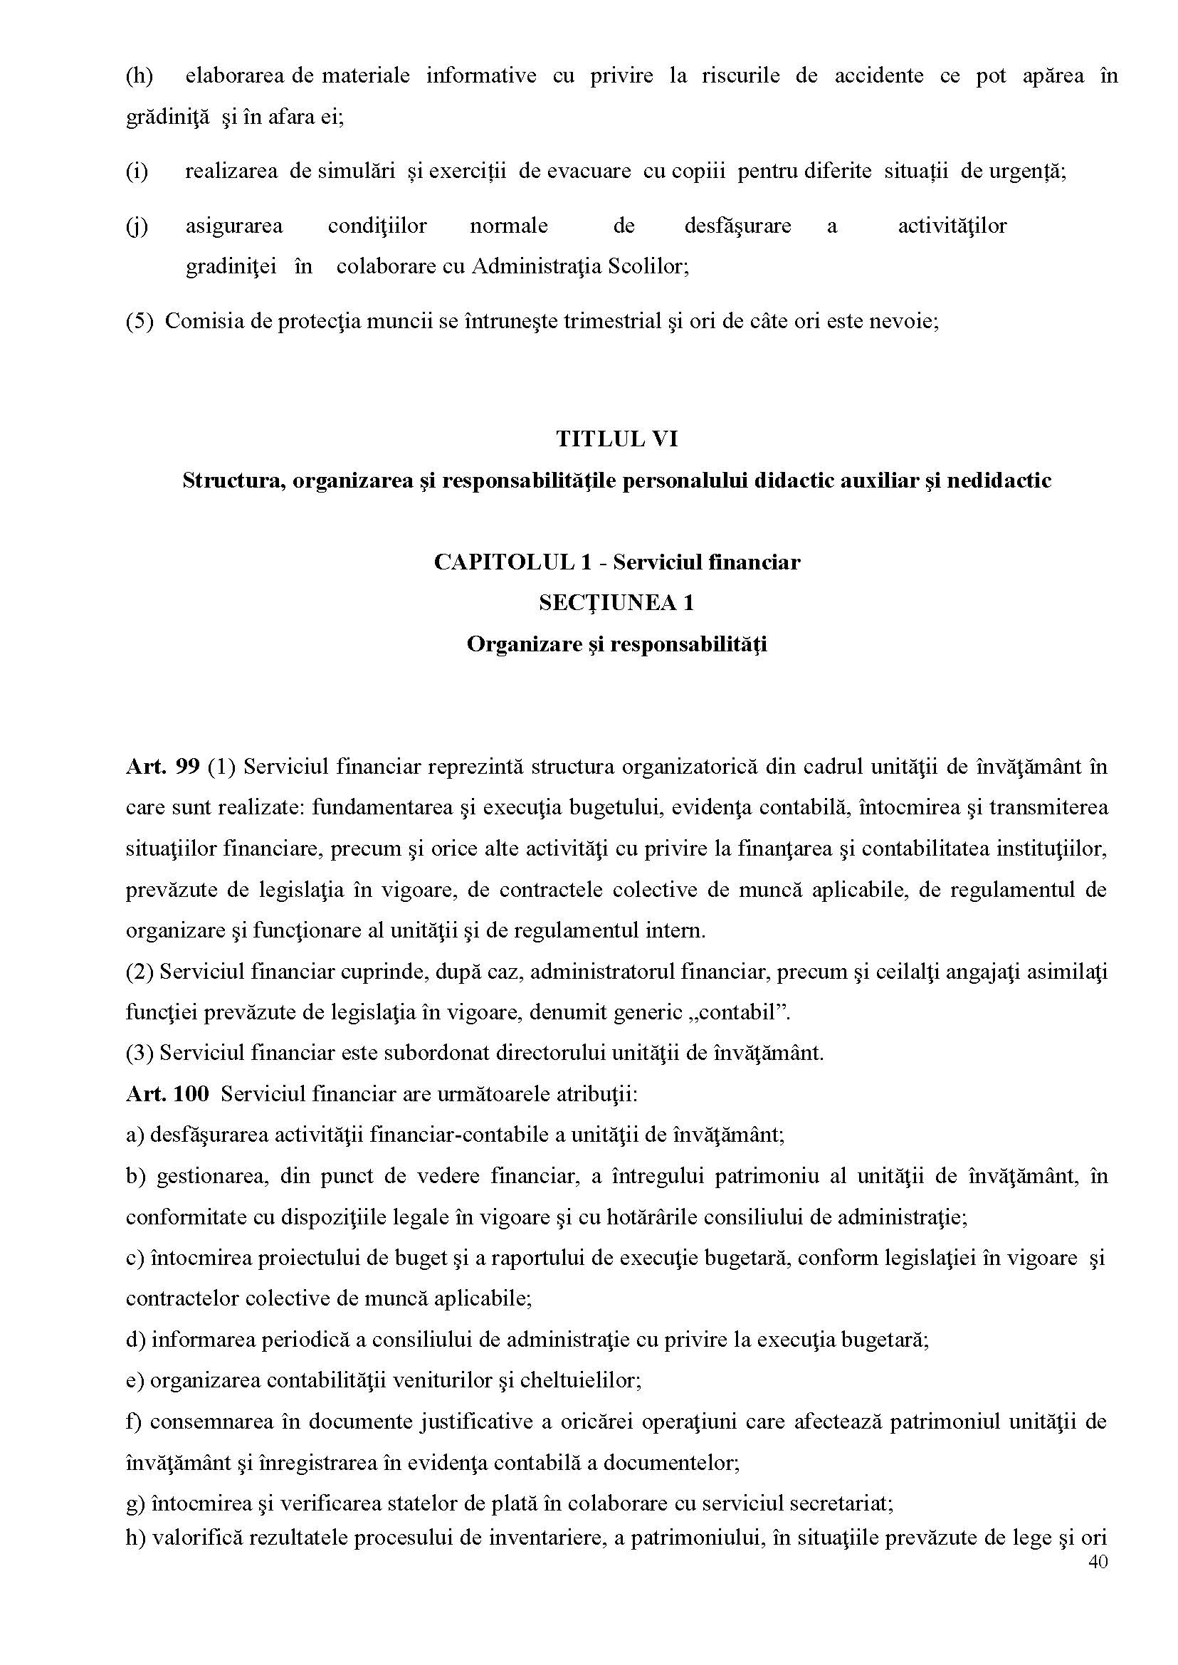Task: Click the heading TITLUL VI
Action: pos(616,439)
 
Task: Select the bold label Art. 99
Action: pos(162,767)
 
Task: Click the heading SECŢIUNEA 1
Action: pos(616,603)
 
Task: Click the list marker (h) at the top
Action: pos(140,76)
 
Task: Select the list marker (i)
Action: pos(137,172)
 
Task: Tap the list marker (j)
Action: pos(137,226)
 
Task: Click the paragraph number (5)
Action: pos(140,320)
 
